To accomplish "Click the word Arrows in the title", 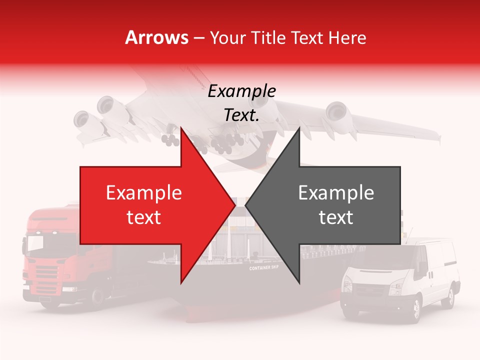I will [157, 37].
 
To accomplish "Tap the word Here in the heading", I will [347, 38].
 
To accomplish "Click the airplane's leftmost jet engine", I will [81, 119].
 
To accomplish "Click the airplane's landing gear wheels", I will [220, 145].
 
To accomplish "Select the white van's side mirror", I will [423, 270].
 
